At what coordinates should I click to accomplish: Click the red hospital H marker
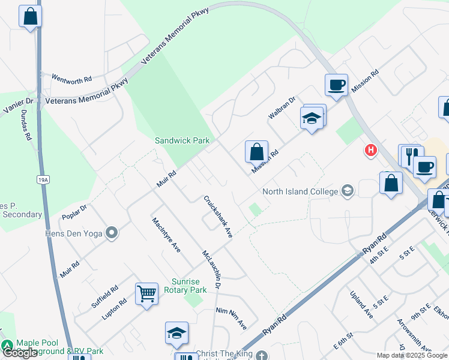[371, 150]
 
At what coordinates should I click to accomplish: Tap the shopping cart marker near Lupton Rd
[146, 294]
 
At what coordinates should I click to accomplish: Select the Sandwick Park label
[182, 140]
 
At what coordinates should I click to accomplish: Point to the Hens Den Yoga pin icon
[111, 233]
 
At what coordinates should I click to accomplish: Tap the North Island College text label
[300, 192]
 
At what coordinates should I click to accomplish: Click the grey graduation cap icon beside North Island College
[347, 191]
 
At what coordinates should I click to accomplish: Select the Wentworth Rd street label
[71, 79]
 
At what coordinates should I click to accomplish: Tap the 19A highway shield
[42, 179]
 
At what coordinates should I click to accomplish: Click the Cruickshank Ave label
[217, 217]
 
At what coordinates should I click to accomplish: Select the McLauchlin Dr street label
[211, 268]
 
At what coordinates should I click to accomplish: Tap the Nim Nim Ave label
[231, 319]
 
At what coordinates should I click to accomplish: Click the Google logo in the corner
[20, 353]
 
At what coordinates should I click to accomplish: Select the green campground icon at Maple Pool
[7, 346]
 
